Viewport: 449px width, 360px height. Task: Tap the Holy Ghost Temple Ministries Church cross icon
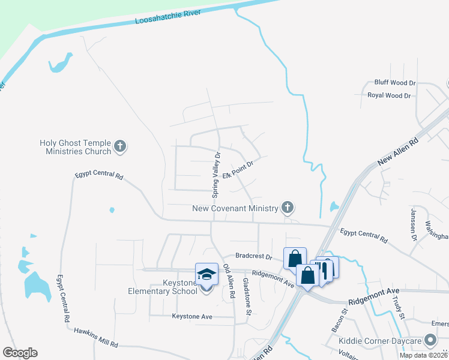pyautogui.click(x=120, y=146)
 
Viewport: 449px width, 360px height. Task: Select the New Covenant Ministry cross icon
pyautogui.click(x=288, y=208)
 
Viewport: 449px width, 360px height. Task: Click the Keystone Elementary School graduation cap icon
pyautogui.click(x=206, y=275)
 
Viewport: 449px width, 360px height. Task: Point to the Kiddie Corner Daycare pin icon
pyautogui.click(x=430, y=341)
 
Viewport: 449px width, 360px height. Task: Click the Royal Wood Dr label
pyautogui.click(x=389, y=95)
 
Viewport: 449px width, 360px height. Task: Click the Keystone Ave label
pyautogui.click(x=192, y=316)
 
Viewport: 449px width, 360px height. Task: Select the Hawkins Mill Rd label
pyautogui.click(x=96, y=338)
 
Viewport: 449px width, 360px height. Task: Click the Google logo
pyautogui.click(x=20, y=353)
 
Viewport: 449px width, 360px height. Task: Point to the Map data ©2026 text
pyautogui.click(x=423, y=355)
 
